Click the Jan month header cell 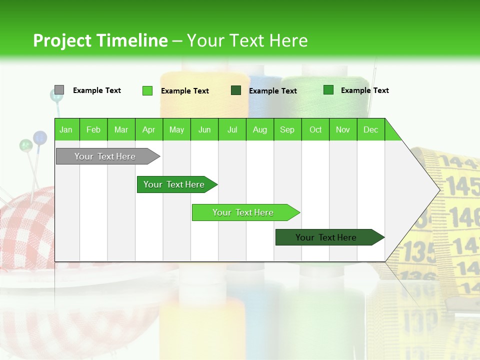coord(66,129)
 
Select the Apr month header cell coord(148,129)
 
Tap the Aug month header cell coord(259,129)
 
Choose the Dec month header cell coord(370,129)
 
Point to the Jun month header coord(204,129)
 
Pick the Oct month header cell coord(315,129)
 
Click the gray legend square coord(59,90)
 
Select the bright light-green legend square coord(147,90)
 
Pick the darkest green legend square coord(236,90)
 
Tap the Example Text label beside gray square coord(96,90)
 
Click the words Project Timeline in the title coord(100,40)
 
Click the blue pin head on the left coord(40,136)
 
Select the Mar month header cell coord(121,129)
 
